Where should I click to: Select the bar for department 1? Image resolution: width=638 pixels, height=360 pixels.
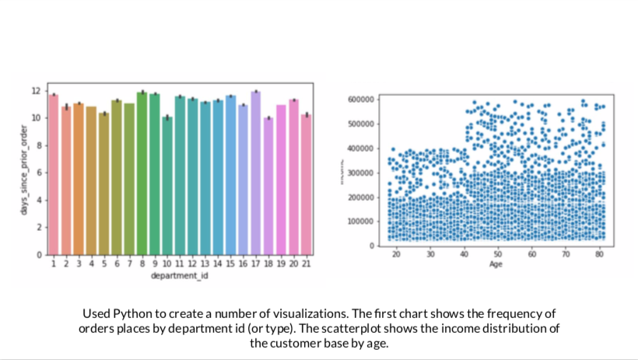[54, 174]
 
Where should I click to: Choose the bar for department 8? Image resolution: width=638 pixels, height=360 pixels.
[142, 173]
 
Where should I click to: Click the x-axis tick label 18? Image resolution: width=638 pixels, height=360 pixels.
[268, 264]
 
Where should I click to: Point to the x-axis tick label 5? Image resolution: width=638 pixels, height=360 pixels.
[104, 264]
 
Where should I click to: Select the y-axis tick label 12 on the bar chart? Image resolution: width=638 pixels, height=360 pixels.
[36, 91]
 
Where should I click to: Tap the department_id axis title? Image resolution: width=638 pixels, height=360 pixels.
[180, 274]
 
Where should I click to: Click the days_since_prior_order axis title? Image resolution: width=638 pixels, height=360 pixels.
[25, 171]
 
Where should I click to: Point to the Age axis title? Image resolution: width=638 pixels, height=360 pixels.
[496, 264]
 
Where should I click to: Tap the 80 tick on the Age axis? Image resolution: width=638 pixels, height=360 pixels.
[600, 254]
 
